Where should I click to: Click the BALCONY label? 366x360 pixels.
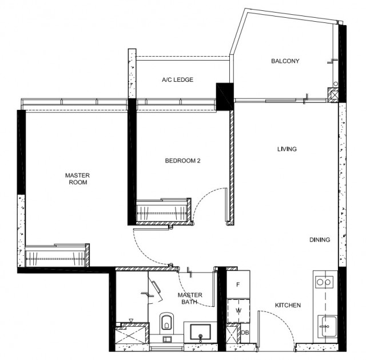click(285, 61)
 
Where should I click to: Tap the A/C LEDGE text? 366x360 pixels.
click(178, 80)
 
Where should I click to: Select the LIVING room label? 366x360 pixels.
click(287, 149)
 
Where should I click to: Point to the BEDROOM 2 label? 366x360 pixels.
click(182, 161)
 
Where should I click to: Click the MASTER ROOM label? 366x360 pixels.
click(78, 179)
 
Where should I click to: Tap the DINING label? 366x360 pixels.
click(320, 240)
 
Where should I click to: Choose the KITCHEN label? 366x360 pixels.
click(288, 305)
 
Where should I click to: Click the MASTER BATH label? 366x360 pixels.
click(190, 298)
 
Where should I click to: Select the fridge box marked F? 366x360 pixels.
click(238, 284)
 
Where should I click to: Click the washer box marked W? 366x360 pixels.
click(238, 311)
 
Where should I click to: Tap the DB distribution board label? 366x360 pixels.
click(245, 333)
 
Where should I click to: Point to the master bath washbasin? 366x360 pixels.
click(200, 332)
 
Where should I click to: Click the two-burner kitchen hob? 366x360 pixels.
click(324, 282)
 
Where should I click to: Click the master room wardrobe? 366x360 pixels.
click(57, 256)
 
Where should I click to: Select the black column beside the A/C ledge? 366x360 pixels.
click(225, 97)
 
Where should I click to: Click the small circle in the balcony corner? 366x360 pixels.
click(336, 84)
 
